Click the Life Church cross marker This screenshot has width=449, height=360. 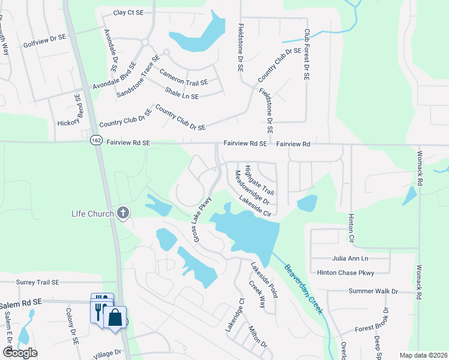pyautogui.click(x=123, y=212)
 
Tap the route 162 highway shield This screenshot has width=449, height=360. pyautogui.click(x=97, y=139)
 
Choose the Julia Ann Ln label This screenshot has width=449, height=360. pyautogui.click(x=351, y=258)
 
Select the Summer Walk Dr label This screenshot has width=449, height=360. pyautogui.click(x=373, y=291)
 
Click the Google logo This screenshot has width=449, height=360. pyautogui.click(x=19, y=353)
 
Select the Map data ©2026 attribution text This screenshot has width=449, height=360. pyautogui.click(x=423, y=355)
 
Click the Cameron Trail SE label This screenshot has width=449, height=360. pyautogui.click(x=184, y=77)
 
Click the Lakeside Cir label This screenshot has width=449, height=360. pyautogui.click(x=256, y=205)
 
